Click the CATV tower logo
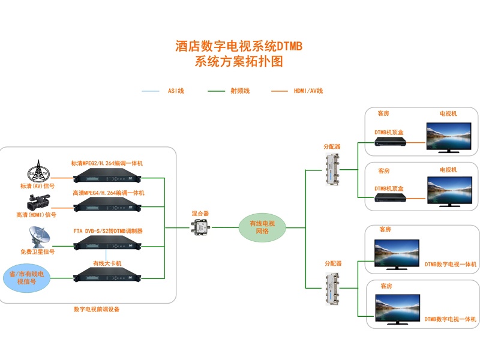(38, 170)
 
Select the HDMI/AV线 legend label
(308, 91)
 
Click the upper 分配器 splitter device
(331, 170)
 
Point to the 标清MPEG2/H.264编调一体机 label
(107, 163)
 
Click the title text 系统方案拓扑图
(239, 62)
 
